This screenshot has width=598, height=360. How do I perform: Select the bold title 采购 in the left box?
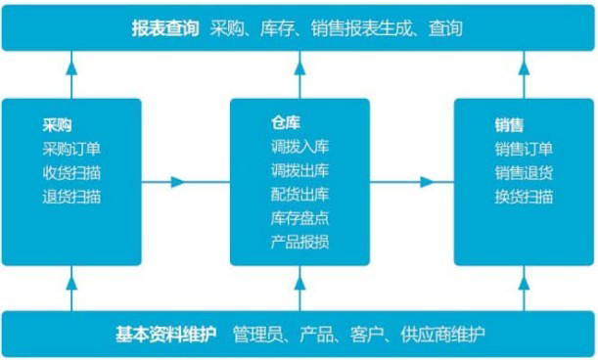pyautogui.click(x=57, y=125)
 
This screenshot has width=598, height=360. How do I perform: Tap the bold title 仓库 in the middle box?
pyautogui.click(x=285, y=123)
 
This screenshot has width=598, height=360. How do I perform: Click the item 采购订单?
pyautogui.click(x=71, y=149)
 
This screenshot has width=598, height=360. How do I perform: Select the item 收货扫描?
pyautogui.click(x=71, y=172)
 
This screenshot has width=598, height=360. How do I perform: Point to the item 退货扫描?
pyautogui.click(x=71, y=196)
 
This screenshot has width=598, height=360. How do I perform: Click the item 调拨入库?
pyautogui.click(x=299, y=147)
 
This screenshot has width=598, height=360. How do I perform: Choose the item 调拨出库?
pyautogui.click(x=299, y=170)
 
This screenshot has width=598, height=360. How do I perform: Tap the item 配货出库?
pyautogui.click(x=299, y=194)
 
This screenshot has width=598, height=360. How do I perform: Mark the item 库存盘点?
pyautogui.click(x=299, y=217)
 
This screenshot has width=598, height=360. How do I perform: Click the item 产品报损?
pyautogui.click(x=299, y=241)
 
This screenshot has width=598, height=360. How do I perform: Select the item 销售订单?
pyautogui.click(x=524, y=149)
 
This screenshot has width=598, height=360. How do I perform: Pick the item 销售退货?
pyautogui.click(x=524, y=172)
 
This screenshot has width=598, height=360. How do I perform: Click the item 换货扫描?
pyautogui.click(x=524, y=196)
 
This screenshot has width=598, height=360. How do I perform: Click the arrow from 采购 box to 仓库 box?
pyautogui.click(x=178, y=182)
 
